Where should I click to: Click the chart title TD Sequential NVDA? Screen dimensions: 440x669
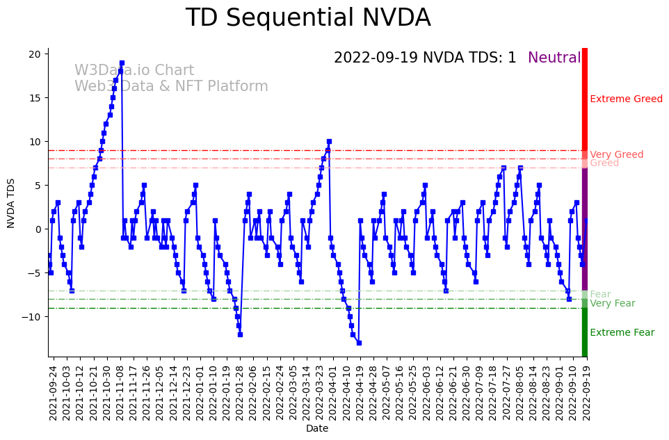tap(308, 18)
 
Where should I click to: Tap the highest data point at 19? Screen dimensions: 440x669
tap(122, 63)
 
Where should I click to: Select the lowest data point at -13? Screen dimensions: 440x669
tap(359, 343)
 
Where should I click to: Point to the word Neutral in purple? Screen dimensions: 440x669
tap(554, 58)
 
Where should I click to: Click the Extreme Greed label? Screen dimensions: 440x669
tap(626, 99)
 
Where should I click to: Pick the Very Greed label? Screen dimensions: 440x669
tap(616, 154)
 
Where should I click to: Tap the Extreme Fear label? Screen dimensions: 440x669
tap(622, 332)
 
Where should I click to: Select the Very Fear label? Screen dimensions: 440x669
tap(612, 303)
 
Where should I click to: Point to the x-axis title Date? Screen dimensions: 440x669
tap(317, 429)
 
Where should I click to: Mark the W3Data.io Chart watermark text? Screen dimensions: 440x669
tap(134, 71)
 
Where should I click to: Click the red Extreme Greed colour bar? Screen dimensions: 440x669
tap(585, 97)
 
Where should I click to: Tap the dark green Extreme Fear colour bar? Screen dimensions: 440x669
tap(585, 332)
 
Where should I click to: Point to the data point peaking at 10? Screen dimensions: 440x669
tap(329, 141)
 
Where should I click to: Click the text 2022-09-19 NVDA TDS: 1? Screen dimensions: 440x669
tap(425, 58)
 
